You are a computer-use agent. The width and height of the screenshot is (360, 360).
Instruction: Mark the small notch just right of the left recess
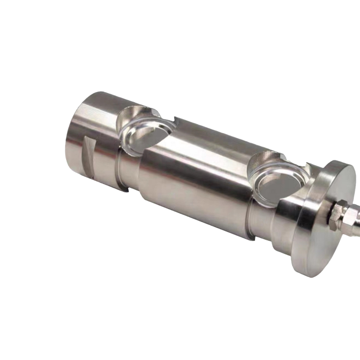pos(176,120)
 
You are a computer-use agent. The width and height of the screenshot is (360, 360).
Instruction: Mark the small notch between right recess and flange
pos(310,167)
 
